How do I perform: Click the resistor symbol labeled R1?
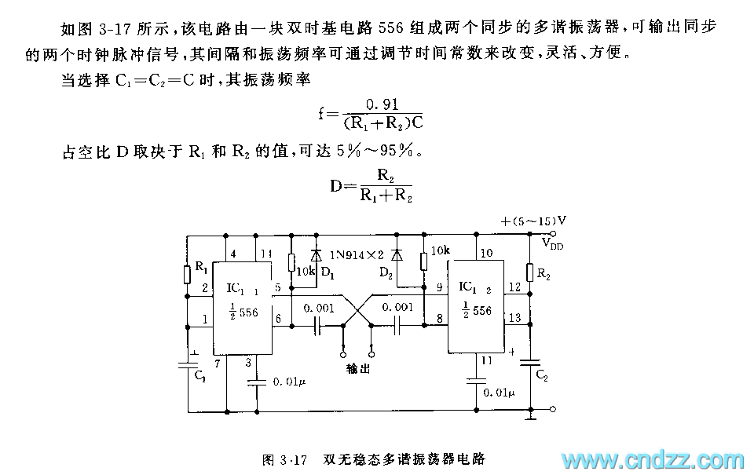[x=188, y=273]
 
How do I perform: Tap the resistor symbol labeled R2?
[x=530, y=272]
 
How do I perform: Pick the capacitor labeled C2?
[x=530, y=362]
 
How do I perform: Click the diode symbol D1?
[x=316, y=254]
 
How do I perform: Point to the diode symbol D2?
[x=397, y=254]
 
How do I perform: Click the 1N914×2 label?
[x=357, y=255]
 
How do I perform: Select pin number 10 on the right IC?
[x=487, y=253]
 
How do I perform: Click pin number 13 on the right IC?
[x=514, y=317]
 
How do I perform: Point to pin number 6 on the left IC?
[x=277, y=317]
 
